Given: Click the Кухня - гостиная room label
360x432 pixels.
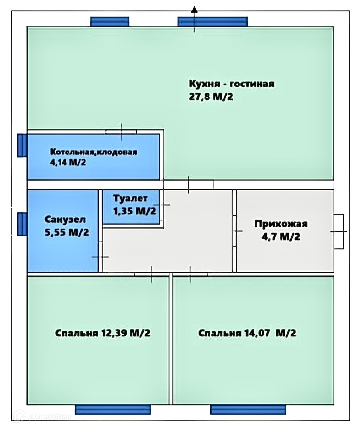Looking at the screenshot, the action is coord(232,84).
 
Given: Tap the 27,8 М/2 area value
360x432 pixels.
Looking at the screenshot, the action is coord(211,97).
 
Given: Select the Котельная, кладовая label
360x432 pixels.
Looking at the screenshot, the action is coord(94,152).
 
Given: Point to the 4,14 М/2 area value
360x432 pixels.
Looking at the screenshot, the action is coord(68,163).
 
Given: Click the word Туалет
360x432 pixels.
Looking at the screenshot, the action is coord(130,199).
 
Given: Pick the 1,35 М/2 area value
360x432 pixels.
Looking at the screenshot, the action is coord(134,211).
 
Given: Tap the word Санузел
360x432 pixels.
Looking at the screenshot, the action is coord(65,219).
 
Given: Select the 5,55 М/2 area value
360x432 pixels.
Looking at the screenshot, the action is coord(67,232).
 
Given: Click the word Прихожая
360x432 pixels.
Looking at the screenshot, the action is coord(281,224).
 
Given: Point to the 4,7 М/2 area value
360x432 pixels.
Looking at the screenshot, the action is coord(281,237).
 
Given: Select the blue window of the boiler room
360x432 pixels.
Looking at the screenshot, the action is coord(22,145).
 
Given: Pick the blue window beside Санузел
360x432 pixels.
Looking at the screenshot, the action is coord(22,224).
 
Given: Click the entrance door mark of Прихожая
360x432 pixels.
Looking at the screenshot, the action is coord(339,232).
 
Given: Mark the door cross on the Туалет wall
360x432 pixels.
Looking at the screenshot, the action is coord(162,205).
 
